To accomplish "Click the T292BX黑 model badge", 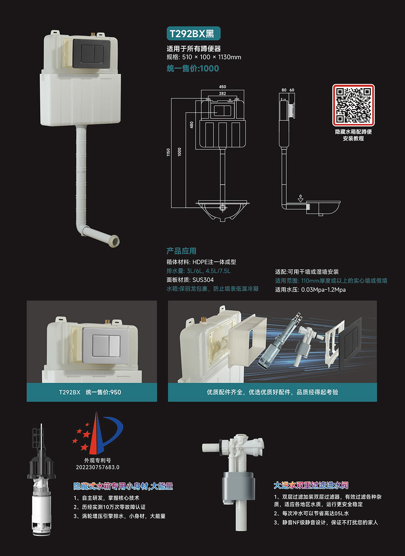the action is pos(194,34).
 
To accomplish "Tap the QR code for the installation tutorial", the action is pos(353,105).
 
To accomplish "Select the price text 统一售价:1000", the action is pos(193,68).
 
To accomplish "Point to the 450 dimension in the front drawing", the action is pos(222,87).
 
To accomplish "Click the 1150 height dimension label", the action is pos(168,152).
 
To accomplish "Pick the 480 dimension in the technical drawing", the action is pos(192,125).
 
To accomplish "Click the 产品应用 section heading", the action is pos(181,251).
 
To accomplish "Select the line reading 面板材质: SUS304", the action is pos(190,280).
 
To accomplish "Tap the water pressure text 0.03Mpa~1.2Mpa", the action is pos(323,290).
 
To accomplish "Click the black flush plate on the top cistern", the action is pos(92,53).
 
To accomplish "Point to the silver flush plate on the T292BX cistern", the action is pos(106,345).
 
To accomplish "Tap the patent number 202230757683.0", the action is pos(98,467).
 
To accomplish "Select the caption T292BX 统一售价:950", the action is pos(90,392).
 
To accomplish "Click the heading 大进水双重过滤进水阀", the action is pos(311,485).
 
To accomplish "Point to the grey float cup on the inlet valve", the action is pos(239,488).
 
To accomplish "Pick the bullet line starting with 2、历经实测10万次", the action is pos(109,507).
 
